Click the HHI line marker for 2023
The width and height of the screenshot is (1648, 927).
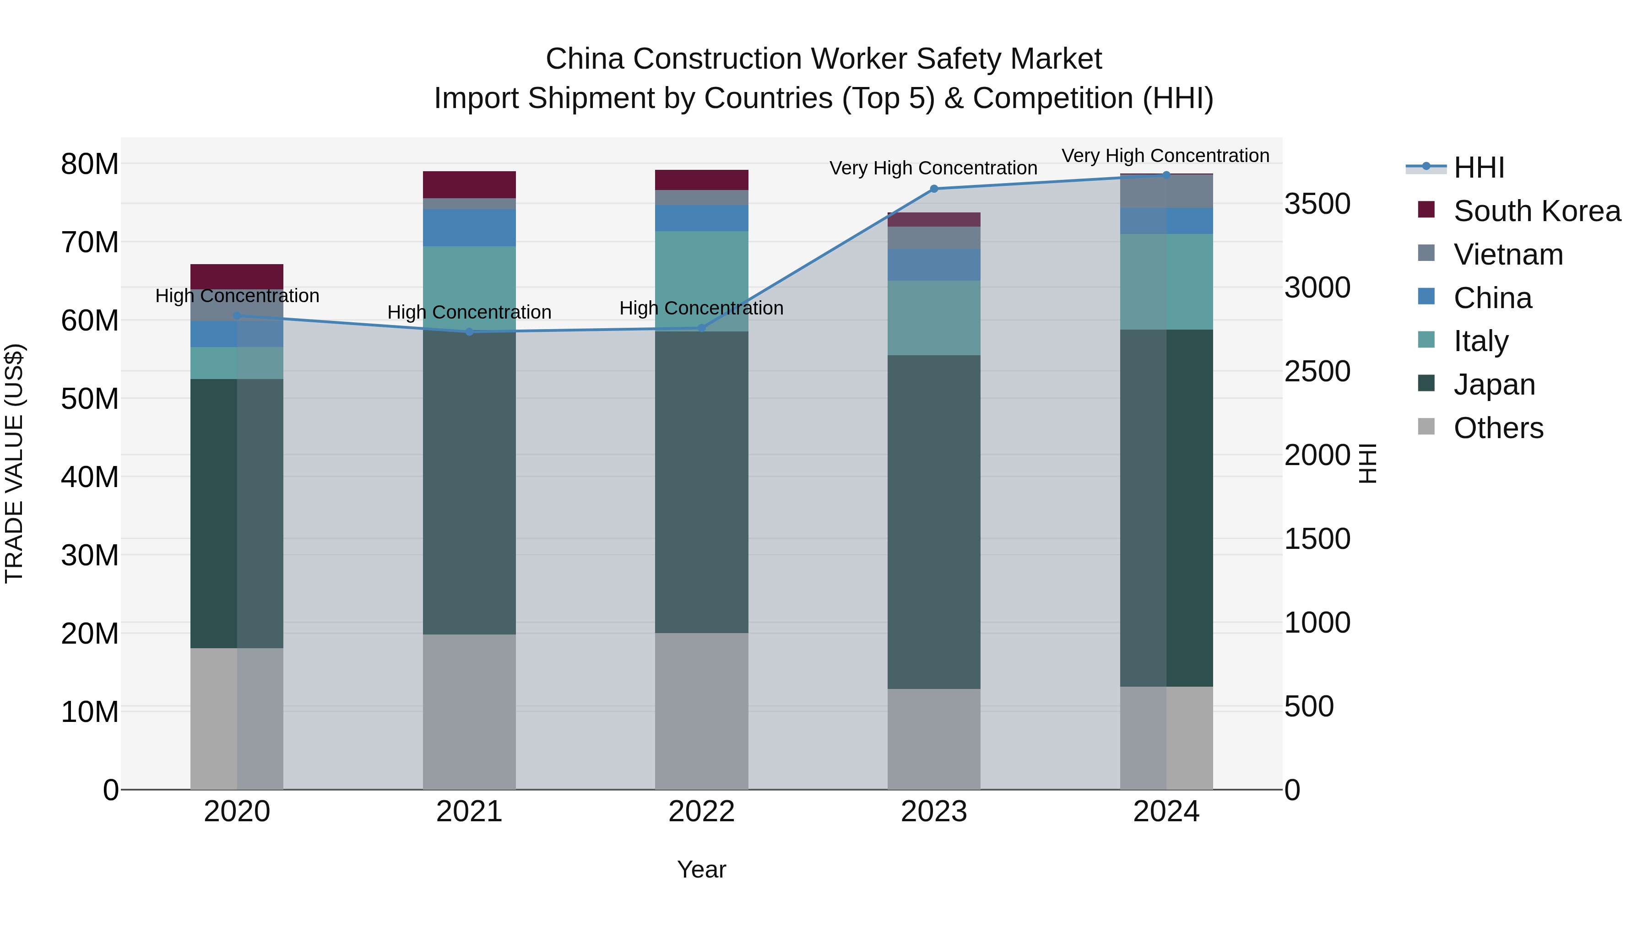[x=933, y=189]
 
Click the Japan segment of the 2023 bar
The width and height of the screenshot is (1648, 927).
[x=933, y=521]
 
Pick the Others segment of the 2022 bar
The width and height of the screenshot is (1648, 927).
[x=701, y=711]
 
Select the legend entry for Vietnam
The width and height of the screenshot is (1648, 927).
[x=1508, y=255]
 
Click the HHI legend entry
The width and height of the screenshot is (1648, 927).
[x=1479, y=168]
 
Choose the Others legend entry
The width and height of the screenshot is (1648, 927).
[x=1498, y=428]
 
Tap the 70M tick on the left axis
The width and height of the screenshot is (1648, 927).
[x=90, y=243]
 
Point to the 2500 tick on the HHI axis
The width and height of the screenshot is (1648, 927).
[x=1317, y=372]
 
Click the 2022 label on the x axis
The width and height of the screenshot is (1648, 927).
[x=701, y=812]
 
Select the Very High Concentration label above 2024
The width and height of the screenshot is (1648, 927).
[x=1165, y=156]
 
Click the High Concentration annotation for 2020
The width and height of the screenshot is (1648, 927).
[x=237, y=296]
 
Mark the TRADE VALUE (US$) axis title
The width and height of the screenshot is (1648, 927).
[x=14, y=463]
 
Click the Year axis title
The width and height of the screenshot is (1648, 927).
[x=701, y=869]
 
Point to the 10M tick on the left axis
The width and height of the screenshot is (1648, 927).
[x=90, y=712]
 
